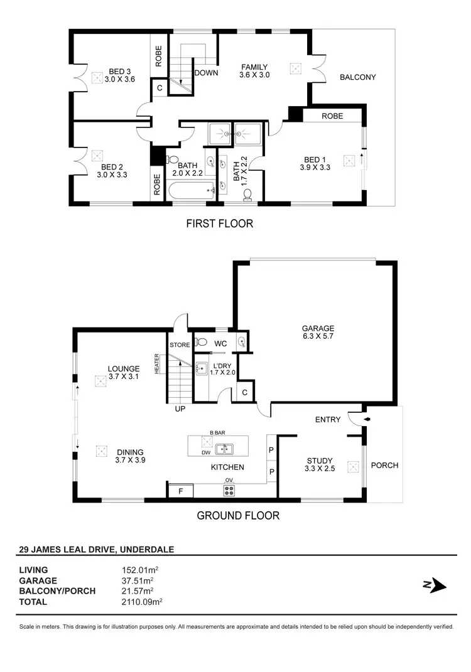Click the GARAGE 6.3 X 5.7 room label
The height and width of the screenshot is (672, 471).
click(x=318, y=332)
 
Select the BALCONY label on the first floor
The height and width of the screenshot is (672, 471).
click(x=357, y=77)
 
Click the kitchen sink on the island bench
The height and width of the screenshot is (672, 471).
click(x=224, y=449)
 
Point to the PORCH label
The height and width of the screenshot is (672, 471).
click(x=384, y=466)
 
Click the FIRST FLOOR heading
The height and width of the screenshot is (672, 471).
click(x=219, y=223)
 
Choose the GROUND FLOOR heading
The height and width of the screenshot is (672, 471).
click(x=238, y=516)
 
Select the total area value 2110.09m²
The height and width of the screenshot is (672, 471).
click(x=142, y=600)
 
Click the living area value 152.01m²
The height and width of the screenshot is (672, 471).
click(x=139, y=570)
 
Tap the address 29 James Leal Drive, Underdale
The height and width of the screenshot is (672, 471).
click(x=97, y=549)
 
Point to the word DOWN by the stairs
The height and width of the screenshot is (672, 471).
click(x=206, y=73)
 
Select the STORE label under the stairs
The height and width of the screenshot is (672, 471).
click(x=179, y=344)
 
